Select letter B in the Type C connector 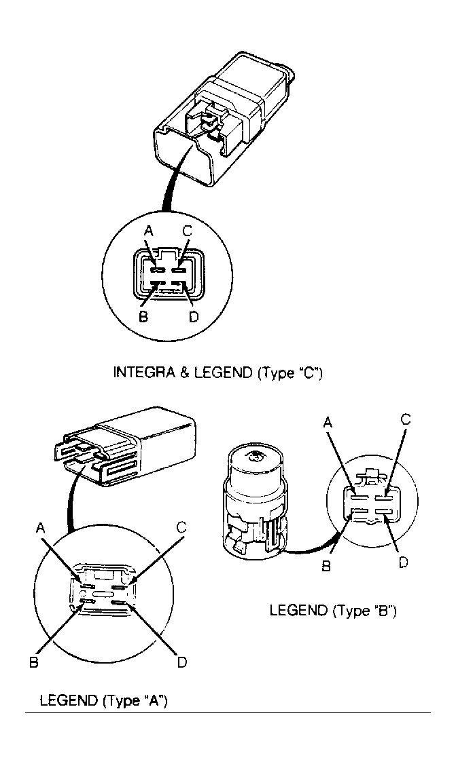[143, 317]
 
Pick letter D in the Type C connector [193, 317]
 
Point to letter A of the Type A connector [41, 529]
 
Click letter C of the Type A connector [181, 527]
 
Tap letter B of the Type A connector [34, 663]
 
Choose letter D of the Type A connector [182, 663]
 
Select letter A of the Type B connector [329, 422]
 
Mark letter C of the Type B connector [405, 420]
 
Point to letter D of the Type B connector [403, 562]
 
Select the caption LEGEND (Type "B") [333, 610]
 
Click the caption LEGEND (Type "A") [103, 701]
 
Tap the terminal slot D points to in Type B [384, 511]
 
